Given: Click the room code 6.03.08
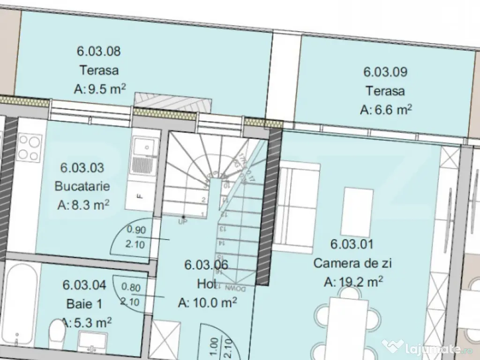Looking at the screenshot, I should click(x=98, y=51).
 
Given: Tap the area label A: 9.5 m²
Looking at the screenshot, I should click(x=100, y=89).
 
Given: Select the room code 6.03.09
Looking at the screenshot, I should click(x=385, y=72).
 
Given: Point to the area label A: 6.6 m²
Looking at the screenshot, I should click(x=386, y=110).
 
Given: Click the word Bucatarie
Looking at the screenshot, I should click(x=82, y=186).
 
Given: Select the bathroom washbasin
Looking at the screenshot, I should click(x=93, y=340).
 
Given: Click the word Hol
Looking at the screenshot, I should click(x=206, y=284).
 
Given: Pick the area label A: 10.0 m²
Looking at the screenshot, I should click(x=207, y=303).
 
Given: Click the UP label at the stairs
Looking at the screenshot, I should click(x=182, y=222).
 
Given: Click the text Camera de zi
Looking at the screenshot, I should click(x=352, y=263).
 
